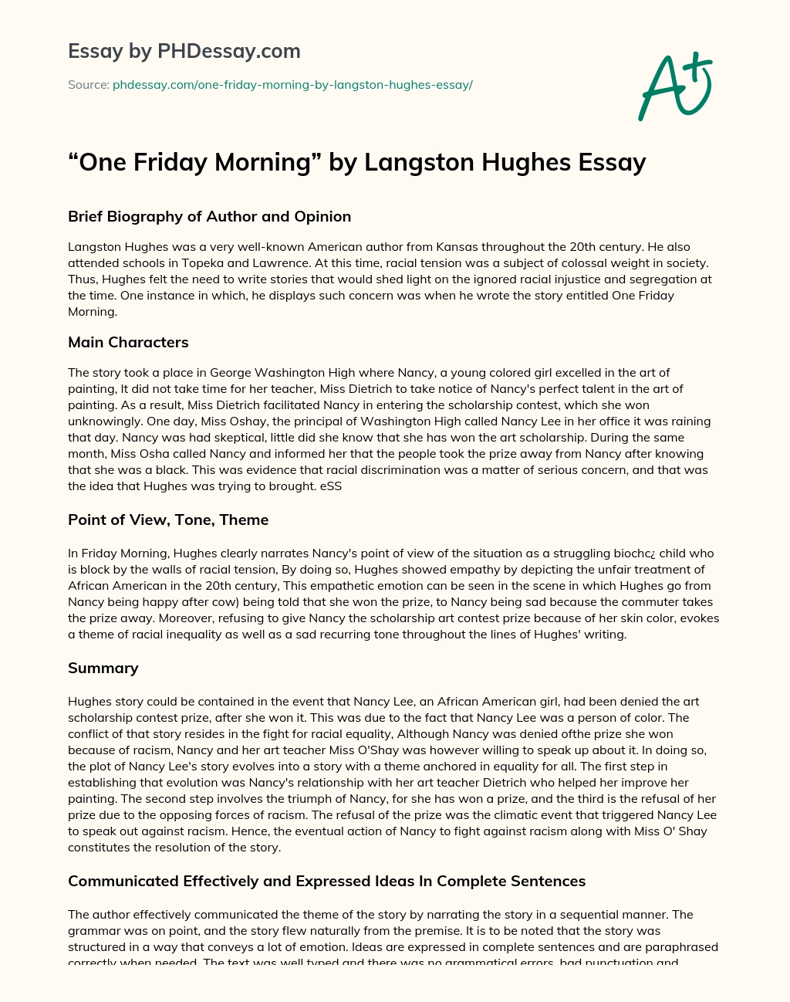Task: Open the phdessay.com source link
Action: [x=292, y=85]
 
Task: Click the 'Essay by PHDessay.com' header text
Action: [x=184, y=52]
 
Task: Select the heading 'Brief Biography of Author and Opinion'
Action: [x=209, y=217]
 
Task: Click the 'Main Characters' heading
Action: [x=128, y=342]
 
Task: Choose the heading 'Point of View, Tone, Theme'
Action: [x=168, y=520]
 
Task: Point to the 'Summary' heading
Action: [x=103, y=668]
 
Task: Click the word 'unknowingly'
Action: [x=103, y=421]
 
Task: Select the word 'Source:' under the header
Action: [x=89, y=85]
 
